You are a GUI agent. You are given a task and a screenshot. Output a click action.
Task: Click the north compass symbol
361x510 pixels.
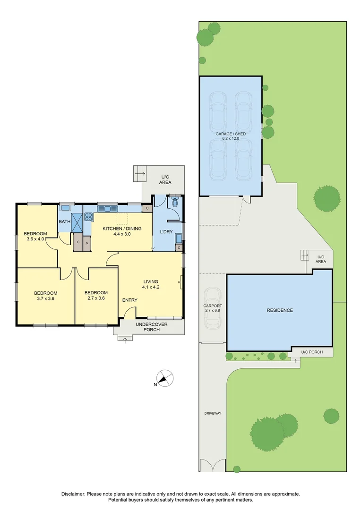tap(164, 378)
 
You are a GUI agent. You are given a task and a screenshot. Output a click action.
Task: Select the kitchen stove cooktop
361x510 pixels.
tap(88, 218)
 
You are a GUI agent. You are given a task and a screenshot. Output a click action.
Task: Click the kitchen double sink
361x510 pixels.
tap(108, 208)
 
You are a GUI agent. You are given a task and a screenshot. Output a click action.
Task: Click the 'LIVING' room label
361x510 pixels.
tap(150, 281)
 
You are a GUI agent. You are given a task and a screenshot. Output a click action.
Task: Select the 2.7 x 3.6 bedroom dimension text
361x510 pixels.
tap(96, 298)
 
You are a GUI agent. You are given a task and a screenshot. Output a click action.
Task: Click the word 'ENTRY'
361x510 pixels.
tap(130, 300)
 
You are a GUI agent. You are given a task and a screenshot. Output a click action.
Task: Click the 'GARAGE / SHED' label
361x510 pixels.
tap(231, 134)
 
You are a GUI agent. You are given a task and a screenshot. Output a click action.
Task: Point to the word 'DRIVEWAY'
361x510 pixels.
tap(212, 413)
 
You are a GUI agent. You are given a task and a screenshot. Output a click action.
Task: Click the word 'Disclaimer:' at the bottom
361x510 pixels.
tap(74, 493)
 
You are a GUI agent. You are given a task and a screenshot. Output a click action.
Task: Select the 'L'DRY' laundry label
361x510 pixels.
tap(165, 231)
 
